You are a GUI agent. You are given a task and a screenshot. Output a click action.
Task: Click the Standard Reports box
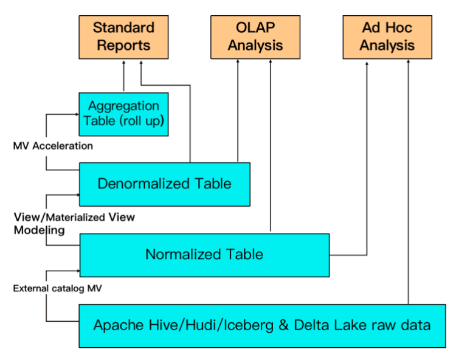pos(123,36)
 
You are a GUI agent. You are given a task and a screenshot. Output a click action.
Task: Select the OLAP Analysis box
pos(255,36)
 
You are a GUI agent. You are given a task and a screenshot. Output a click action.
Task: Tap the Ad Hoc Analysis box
pos(387,36)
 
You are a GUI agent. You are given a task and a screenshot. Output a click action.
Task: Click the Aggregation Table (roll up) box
pos(123,114)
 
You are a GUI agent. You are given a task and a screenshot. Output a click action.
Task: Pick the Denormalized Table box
pos(165,184)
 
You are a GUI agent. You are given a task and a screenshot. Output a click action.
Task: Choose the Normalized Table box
pos(204,254)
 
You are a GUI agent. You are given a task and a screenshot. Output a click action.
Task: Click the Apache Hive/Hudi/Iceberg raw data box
pos(262,325)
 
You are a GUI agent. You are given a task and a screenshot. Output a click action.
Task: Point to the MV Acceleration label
pos(53,146)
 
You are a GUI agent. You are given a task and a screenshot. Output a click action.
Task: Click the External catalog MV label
pos(57,288)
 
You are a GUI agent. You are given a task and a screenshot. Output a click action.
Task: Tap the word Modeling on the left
pos(39,230)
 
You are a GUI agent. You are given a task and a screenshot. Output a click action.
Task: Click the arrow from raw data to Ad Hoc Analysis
pos(408,182)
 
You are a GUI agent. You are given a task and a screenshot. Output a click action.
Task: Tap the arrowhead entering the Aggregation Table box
pos(77,114)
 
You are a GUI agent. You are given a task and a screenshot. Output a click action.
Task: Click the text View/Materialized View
pos(74,217)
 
